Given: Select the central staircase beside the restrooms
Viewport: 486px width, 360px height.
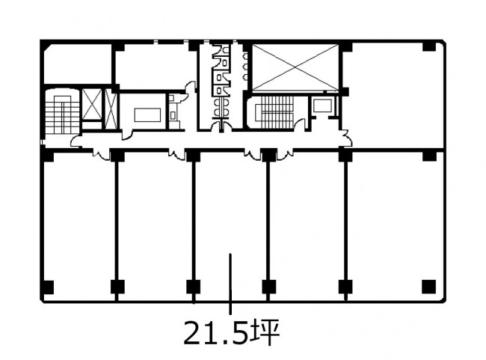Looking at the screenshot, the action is [x=274, y=112].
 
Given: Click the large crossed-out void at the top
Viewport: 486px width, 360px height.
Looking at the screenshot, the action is [x=295, y=67].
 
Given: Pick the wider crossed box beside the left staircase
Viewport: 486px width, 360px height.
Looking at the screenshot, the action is [x=92, y=105].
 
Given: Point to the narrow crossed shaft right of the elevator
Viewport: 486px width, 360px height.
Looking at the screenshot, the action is [x=111, y=109].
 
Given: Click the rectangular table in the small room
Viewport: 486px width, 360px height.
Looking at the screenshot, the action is [x=147, y=115].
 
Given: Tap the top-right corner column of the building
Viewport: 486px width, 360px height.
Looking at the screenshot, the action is [x=429, y=46].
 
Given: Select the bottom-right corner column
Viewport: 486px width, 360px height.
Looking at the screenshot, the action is [x=429, y=287].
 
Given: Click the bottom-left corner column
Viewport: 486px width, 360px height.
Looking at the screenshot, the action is [x=47, y=287].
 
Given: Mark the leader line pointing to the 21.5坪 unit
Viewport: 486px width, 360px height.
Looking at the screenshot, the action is [x=230, y=284].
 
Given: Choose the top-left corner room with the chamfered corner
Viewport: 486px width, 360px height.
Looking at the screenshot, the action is [x=78, y=64].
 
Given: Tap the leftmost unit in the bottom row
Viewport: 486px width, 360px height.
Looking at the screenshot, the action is [x=79, y=226].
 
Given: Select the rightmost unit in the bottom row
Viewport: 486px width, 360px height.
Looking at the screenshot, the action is [x=396, y=226].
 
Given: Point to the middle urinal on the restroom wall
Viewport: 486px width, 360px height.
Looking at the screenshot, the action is [x=245, y=67].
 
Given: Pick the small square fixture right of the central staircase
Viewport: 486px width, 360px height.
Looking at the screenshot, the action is [x=322, y=106].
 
